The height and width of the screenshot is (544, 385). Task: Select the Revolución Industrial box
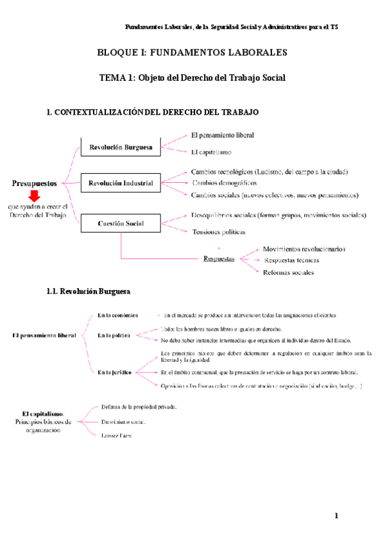[x=120, y=183]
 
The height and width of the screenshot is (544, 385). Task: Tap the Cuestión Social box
[x=120, y=224]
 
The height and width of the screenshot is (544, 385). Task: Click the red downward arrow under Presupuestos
[x=34, y=196]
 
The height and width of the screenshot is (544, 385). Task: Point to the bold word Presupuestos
[x=35, y=183]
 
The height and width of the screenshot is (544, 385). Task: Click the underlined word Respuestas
[x=218, y=259]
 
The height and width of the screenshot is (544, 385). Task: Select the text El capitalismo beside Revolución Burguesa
[x=211, y=152]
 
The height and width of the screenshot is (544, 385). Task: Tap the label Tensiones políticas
[x=218, y=231]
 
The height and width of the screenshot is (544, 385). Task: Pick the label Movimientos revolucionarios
[x=304, y=248]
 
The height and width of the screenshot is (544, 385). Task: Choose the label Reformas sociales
[x=289, y=272]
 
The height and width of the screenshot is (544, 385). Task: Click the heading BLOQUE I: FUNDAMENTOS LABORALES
[x=192, y=52]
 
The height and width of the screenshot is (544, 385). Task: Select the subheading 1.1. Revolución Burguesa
[x=89, y=291]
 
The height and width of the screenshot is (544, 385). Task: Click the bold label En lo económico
[x=117, y=315]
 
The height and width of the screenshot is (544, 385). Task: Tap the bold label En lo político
[x=114, y=335]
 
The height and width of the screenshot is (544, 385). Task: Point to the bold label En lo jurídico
[x=115, y=372]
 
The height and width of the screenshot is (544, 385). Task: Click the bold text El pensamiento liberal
[x=44, y=335]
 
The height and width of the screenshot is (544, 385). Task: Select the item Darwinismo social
[x=123, y=422]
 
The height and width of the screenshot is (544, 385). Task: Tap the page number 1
[x=336, y=516]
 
